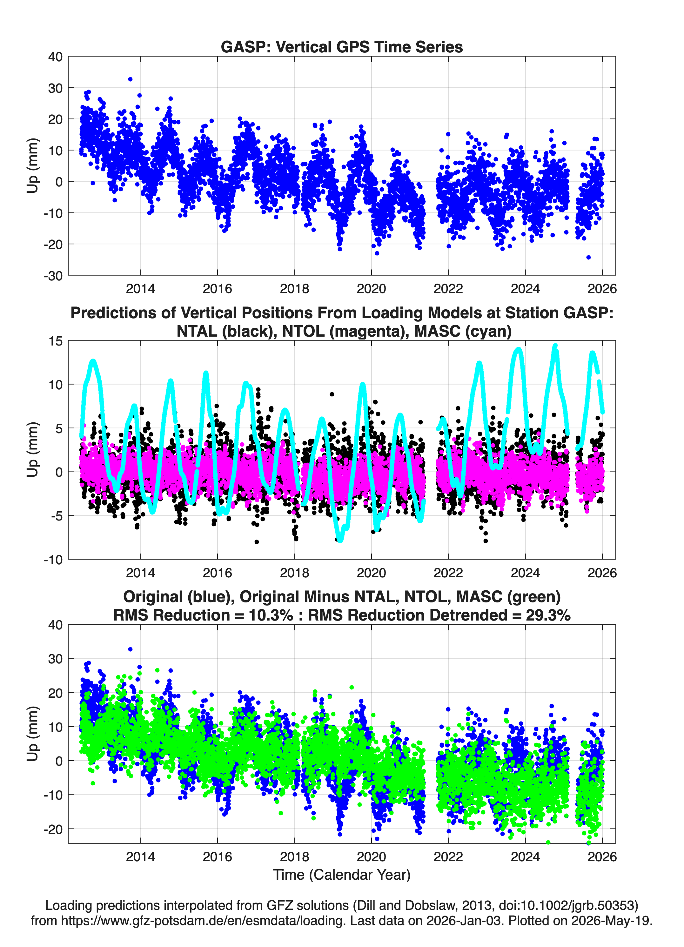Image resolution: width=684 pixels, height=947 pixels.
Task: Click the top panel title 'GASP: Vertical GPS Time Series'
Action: click(x=342, y=47)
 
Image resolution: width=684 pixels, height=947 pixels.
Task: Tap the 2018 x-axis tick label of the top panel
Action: click(x=294, y=289)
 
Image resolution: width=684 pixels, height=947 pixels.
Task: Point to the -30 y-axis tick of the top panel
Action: click(x=53, y=276)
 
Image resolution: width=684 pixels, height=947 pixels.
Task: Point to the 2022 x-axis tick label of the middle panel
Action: click(x=448, y=573)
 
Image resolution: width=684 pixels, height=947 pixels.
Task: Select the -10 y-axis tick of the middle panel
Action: click(x=53, y=560)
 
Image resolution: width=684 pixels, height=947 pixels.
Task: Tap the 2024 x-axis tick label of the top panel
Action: click(x=525, y=289)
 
